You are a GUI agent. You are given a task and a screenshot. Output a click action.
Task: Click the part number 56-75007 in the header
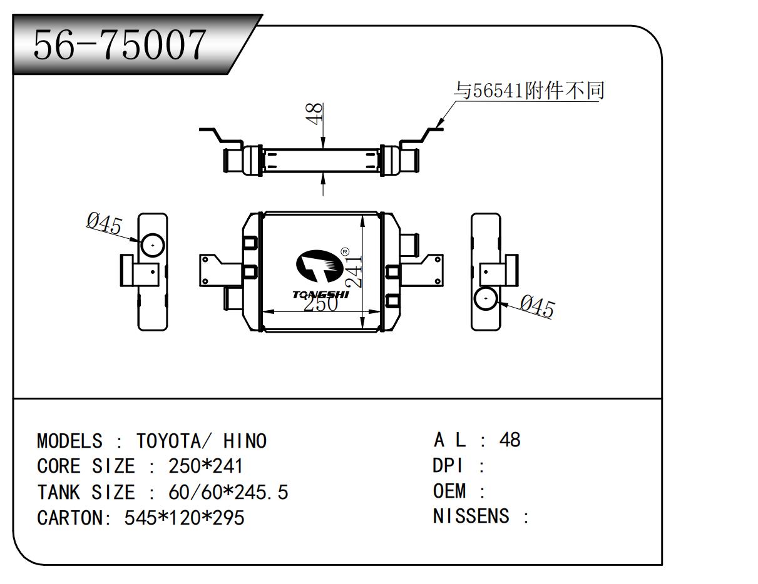point(120,45)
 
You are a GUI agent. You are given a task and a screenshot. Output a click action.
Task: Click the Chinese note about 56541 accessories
point(530,91)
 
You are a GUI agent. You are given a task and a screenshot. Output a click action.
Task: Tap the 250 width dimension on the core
point(320,304)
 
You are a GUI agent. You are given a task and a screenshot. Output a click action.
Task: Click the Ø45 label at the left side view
point(105,223)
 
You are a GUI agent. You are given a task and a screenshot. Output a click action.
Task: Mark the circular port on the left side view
point(152,245)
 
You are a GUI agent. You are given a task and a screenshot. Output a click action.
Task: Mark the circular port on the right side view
point(486,300)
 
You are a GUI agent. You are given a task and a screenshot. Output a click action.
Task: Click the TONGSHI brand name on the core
point(320,294)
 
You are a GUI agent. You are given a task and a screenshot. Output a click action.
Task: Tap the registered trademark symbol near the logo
point(345,252)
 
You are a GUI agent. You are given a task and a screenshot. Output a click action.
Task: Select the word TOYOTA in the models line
point(168,441)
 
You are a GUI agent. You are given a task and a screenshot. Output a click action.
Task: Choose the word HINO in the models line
point(245,441)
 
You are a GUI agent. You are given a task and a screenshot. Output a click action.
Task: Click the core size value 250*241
point(205,466)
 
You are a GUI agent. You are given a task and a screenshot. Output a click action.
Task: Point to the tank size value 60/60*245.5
point(228,492)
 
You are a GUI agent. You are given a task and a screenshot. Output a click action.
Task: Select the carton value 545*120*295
point(185,518)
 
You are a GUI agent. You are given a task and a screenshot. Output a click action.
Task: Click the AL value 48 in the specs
point(510,440)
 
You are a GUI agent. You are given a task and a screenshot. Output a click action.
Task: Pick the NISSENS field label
point(471,516)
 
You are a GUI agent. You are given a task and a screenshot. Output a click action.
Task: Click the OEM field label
point(450,491)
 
